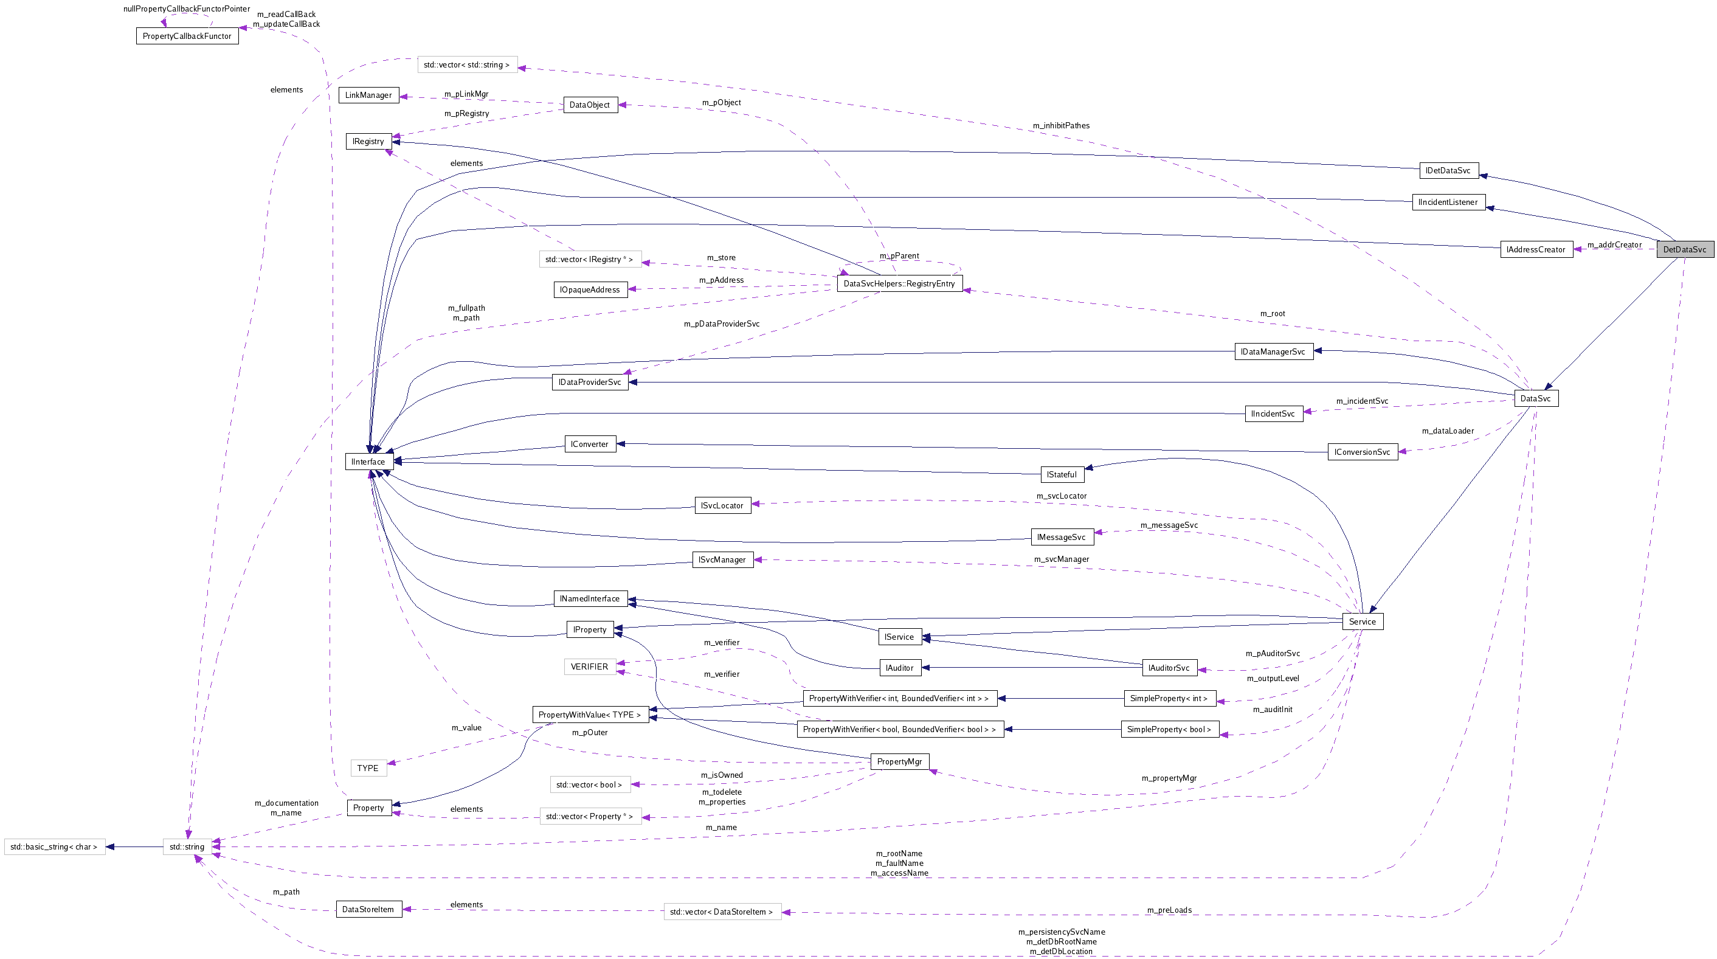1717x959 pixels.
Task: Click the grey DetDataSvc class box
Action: (x=1684, y=249)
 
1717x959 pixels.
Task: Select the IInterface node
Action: (x=368, y=461)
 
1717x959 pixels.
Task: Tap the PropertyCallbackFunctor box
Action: (x=187, y=36)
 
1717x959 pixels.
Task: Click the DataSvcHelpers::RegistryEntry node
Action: (x=899, y=283)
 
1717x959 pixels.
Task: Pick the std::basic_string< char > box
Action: (x=54, y=846)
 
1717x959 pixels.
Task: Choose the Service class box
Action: (x=1362, y=621)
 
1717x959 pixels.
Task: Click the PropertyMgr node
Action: (x=899, y=761)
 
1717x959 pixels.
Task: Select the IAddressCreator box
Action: (x=1536, y=249)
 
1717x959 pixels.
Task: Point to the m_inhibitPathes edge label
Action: (x=1061, y=125)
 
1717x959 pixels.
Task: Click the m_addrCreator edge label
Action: (x=1614, y=244)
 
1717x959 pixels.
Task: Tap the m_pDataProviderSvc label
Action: (x=721, y=324)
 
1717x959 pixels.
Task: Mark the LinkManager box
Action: (x=368, y=95)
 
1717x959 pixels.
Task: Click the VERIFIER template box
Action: (x=589, y=666)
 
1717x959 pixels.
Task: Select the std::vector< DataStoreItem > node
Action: (x=721, y=911)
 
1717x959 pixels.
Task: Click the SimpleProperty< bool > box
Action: (x=1169, y=729)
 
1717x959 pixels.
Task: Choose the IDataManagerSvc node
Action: (x=1273, y=351)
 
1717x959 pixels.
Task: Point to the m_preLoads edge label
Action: (x=1169, y=910)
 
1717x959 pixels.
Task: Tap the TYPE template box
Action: (x=368, y=767)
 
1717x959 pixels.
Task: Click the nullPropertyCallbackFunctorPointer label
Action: (x=187, y=9)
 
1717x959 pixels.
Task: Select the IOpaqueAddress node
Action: (x=590, y=289)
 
